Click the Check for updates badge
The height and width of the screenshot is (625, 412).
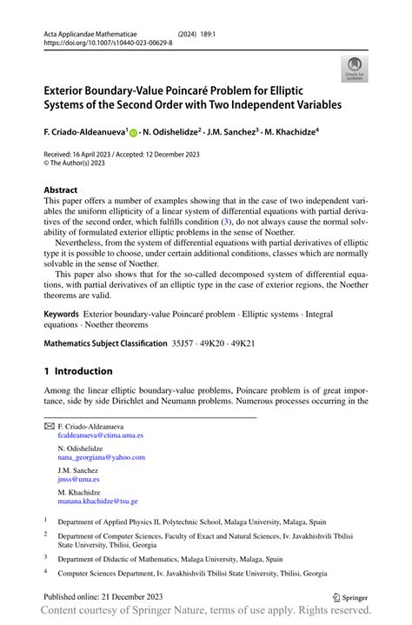pyautogui.click(x=355, y=69)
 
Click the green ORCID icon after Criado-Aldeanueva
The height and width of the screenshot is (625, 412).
pyautogui.click(x=134, y=133)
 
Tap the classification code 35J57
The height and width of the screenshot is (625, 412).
pyautogui.click(x=183, y=344)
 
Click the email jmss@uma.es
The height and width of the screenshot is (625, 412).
pyautogui.click(x=78, y=479)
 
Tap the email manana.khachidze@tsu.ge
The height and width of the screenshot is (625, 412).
pyautogui.click(x=97, y=502)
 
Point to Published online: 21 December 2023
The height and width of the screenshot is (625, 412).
pyautogui.click(x=100, y=597)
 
